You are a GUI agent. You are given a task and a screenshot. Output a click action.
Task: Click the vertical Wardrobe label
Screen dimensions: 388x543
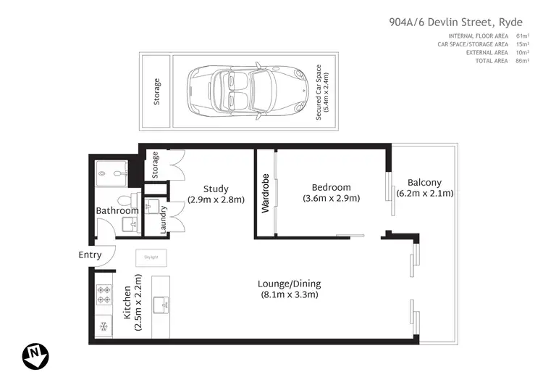point(266,194)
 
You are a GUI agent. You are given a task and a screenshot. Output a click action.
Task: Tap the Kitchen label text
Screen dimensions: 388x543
point(127,304)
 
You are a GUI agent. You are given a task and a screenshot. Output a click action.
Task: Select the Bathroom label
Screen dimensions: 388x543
point(117,211)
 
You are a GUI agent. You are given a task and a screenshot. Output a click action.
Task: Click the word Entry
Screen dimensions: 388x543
point(90,255)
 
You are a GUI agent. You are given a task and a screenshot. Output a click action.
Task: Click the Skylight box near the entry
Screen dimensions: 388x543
point(152,257)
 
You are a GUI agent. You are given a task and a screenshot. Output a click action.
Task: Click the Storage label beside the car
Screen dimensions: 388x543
point(157,93)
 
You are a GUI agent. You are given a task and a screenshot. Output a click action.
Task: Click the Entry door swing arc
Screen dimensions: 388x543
point(107,254)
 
